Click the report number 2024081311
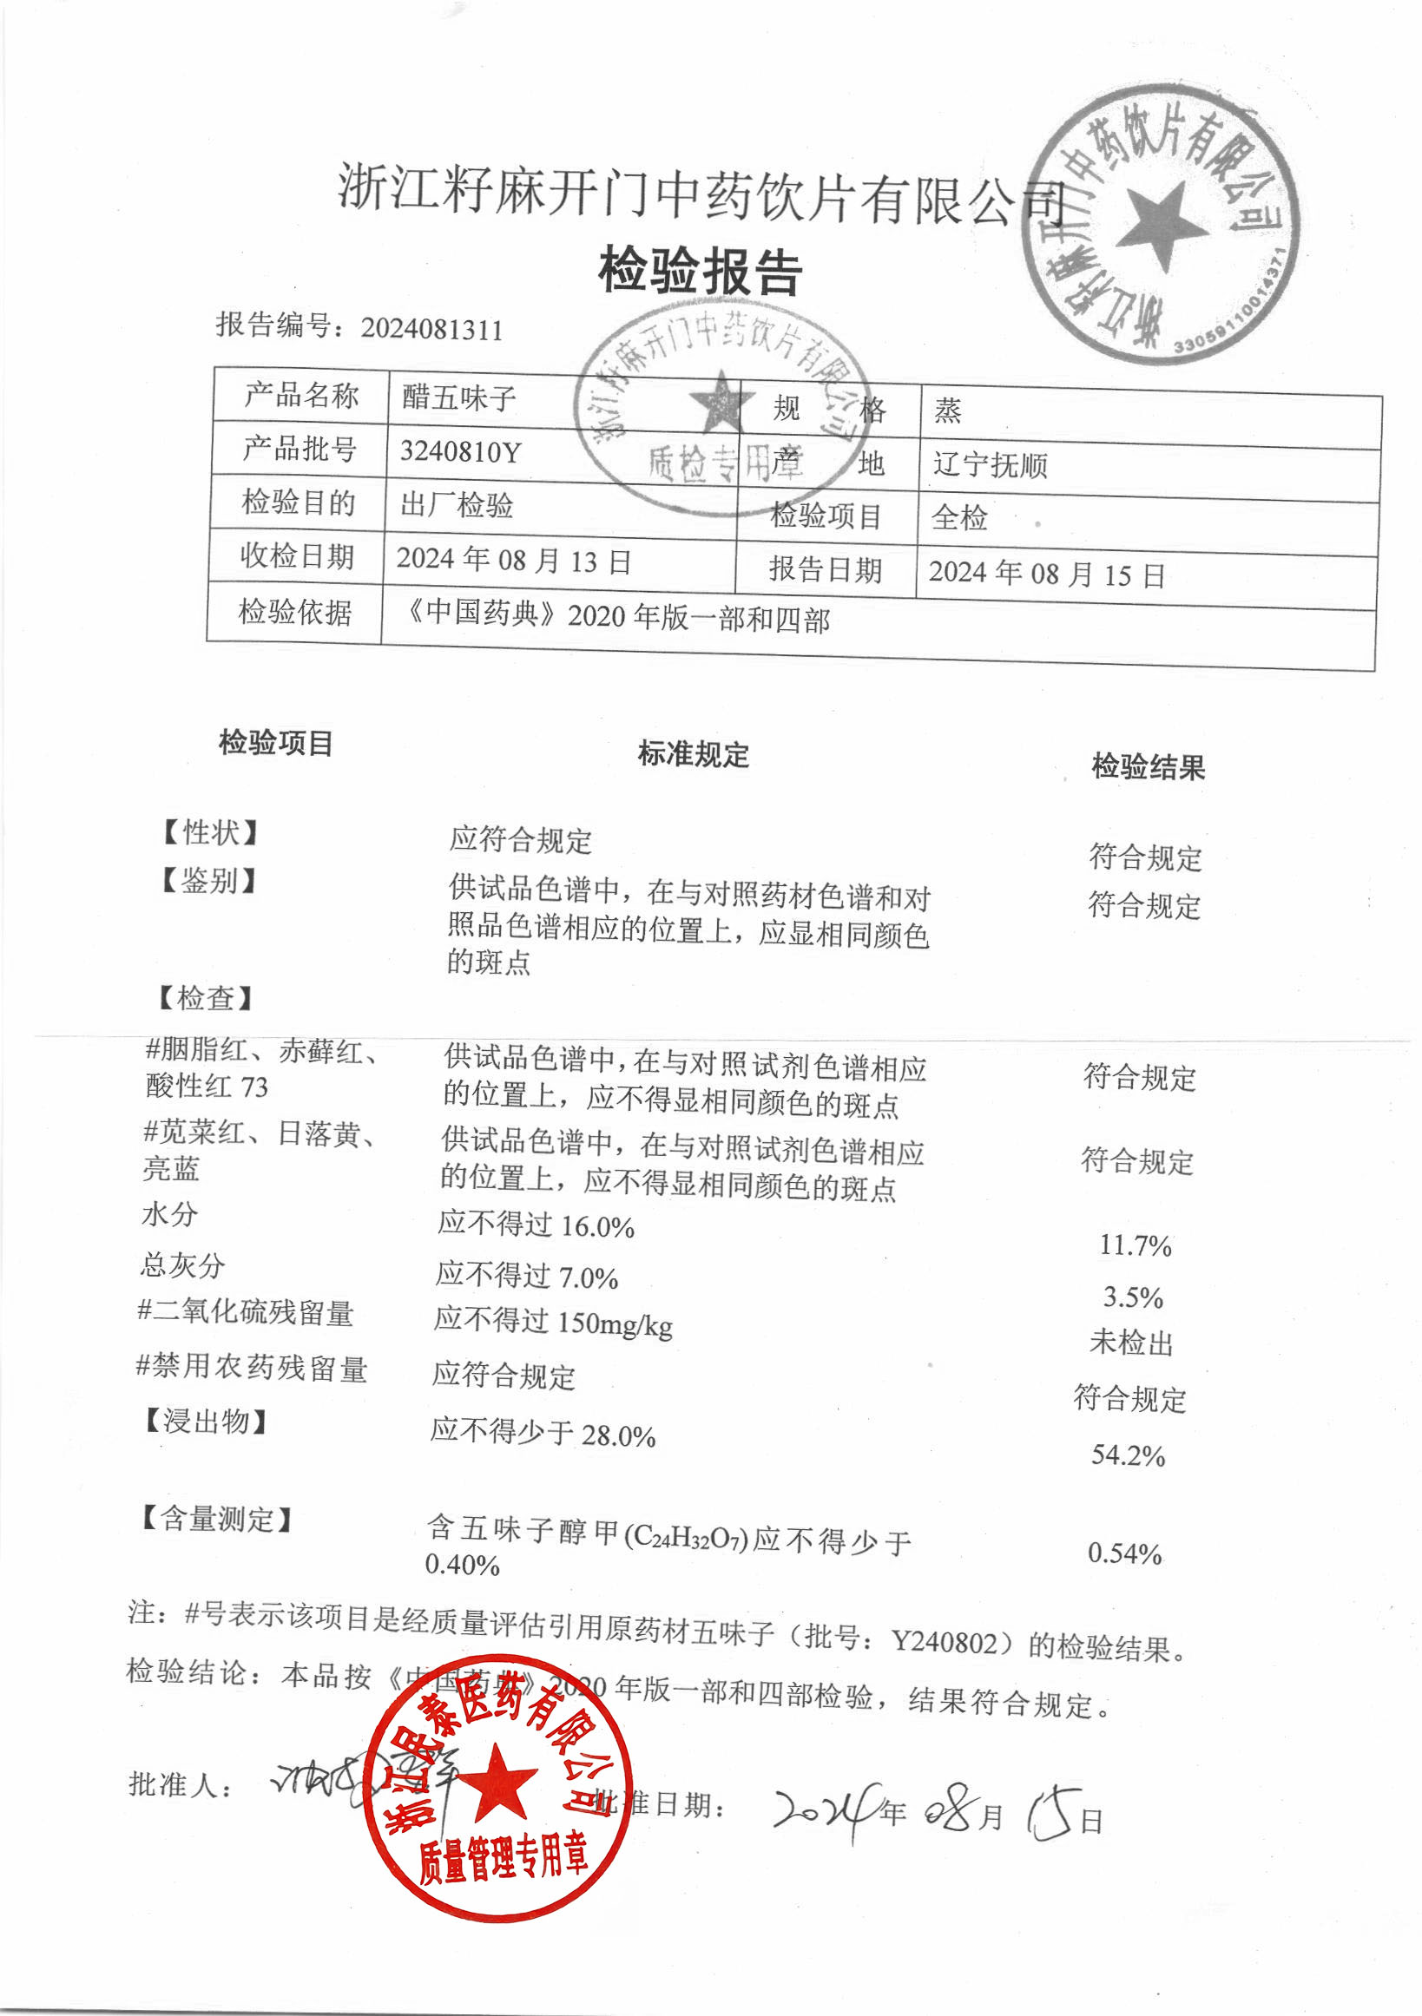pos(431,329)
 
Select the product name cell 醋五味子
pos(458,397)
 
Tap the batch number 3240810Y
pos(460,451)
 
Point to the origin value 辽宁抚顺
pos(990,463)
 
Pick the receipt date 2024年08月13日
pos(514,561)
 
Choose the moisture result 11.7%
pos(1135,1245)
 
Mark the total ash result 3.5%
pos(1133,1297)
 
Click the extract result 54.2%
pos(1128,1455)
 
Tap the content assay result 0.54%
pos(1124,1553)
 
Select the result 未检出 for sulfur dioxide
pos(1131,1343)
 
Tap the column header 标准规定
pos(693,754)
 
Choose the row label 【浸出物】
pos(205,1421)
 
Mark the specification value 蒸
pos(948,410)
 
